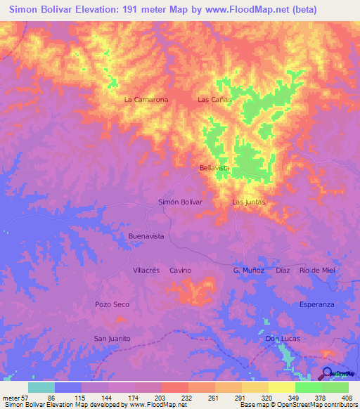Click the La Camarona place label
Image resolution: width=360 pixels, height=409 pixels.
[146, 100]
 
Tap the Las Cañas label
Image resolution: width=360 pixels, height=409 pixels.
[214, 100]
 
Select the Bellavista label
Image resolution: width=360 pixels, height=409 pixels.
[214, 169]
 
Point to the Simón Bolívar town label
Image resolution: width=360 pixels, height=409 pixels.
[180, 202]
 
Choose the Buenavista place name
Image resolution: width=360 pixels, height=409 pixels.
[146, 237]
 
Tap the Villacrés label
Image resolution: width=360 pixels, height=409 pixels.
[147, 270]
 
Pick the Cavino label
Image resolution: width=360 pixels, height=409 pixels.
[181, 270]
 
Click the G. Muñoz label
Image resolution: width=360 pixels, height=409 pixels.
[248, 270]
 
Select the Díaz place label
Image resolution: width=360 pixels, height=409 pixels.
[283, 270]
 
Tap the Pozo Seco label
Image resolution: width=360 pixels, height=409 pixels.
[112, 304]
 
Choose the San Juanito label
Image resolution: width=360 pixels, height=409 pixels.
[112, 338]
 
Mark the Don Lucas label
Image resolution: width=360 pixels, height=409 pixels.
[283, 338]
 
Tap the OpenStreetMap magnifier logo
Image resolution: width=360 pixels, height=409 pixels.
[328, 373]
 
